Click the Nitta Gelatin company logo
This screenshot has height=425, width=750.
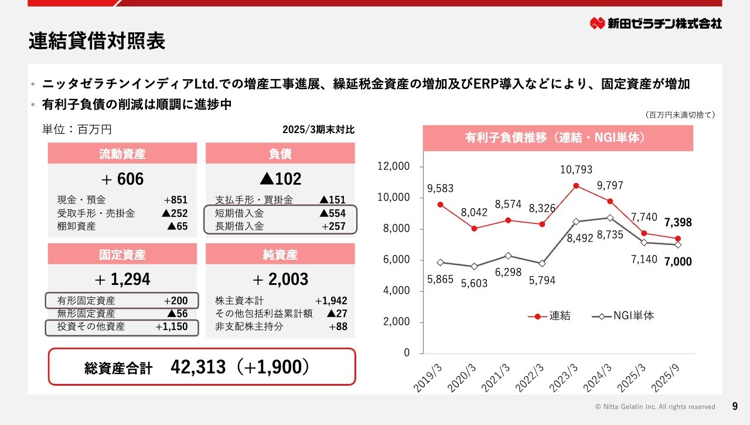(656, 23)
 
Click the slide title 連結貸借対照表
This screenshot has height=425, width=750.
(97, 42)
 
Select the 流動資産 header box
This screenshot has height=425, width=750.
(122, 154)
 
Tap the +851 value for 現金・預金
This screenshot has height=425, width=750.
(176, 200)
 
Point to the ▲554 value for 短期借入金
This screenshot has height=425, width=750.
(332, 213)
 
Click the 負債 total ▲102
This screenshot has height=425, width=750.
(280, 179)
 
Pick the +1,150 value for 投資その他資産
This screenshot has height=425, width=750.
(172, 327)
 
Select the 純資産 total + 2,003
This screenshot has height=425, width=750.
(280, 279)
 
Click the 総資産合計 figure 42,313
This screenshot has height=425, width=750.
(198, 367)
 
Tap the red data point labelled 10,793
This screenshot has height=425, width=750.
(576, 186)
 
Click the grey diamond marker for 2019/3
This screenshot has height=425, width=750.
(440, 263)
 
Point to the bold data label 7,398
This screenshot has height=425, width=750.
(679, 222)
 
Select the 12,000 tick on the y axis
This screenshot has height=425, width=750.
(393, 166)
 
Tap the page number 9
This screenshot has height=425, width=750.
(735, 406)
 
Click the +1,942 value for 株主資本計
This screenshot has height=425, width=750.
(331, 301)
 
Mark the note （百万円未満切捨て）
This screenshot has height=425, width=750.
(680, 115)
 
